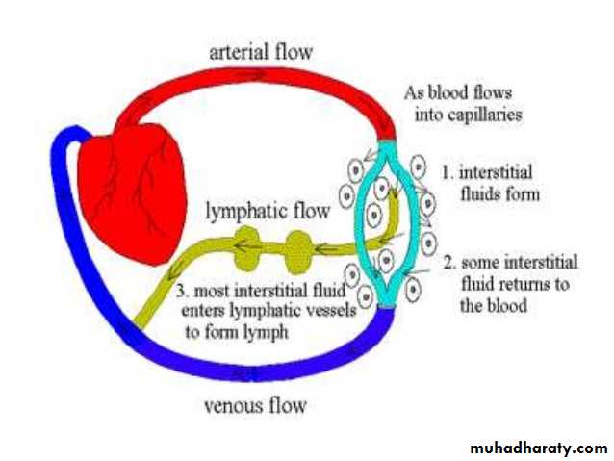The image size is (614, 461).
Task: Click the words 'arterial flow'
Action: click(263, 52)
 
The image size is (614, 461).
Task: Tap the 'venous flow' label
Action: click(255, 405)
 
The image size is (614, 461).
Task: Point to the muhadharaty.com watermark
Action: click(540, 448)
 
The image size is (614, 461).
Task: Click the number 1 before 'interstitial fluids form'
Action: click(446, 173)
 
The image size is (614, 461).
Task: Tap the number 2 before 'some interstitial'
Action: click(448, 263)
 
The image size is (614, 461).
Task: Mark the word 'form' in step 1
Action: click(519, 193)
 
